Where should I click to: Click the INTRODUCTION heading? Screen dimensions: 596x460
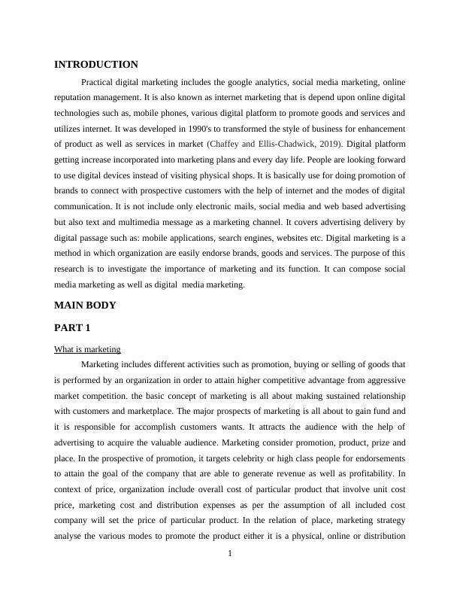(x=96, y=65)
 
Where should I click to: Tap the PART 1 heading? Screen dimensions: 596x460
(x=73, y=328)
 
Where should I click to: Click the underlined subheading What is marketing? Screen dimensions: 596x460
(x=87, y=349)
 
